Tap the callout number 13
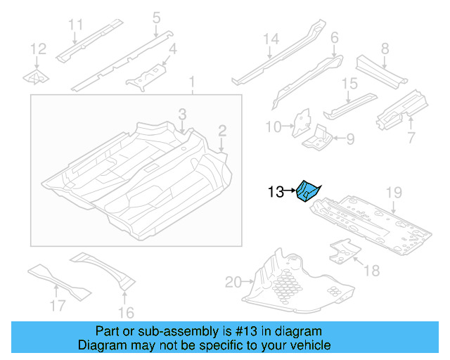click(276, 191)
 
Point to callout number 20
click(233, 283)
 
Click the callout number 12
click(38, 49)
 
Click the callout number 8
click(385, 49)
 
